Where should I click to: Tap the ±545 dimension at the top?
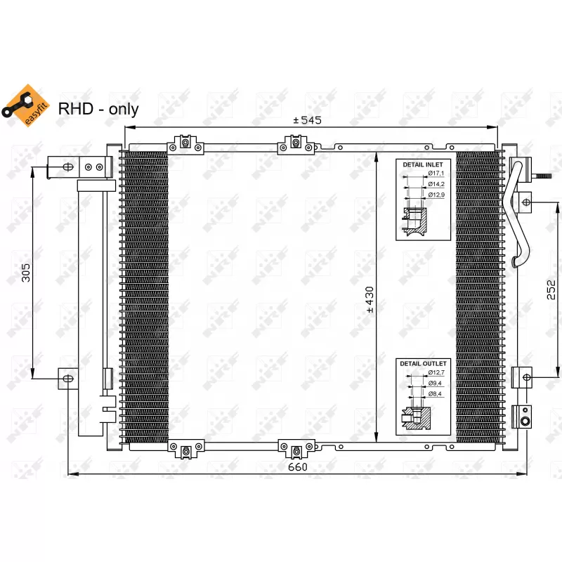tap(307, 120)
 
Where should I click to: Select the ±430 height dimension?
tap(370, 299)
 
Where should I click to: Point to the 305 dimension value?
tap(26, 272)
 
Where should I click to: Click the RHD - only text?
tap(98, 109)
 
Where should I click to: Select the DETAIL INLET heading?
tap(422, 163)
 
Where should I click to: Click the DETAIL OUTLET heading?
tap(423, 363)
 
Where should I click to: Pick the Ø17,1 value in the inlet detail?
tap(436, 173)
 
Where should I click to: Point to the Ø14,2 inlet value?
tap(436, 183)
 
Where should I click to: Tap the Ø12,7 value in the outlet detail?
tap(436, 373)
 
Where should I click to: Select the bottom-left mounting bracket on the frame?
tap(185, 450)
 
